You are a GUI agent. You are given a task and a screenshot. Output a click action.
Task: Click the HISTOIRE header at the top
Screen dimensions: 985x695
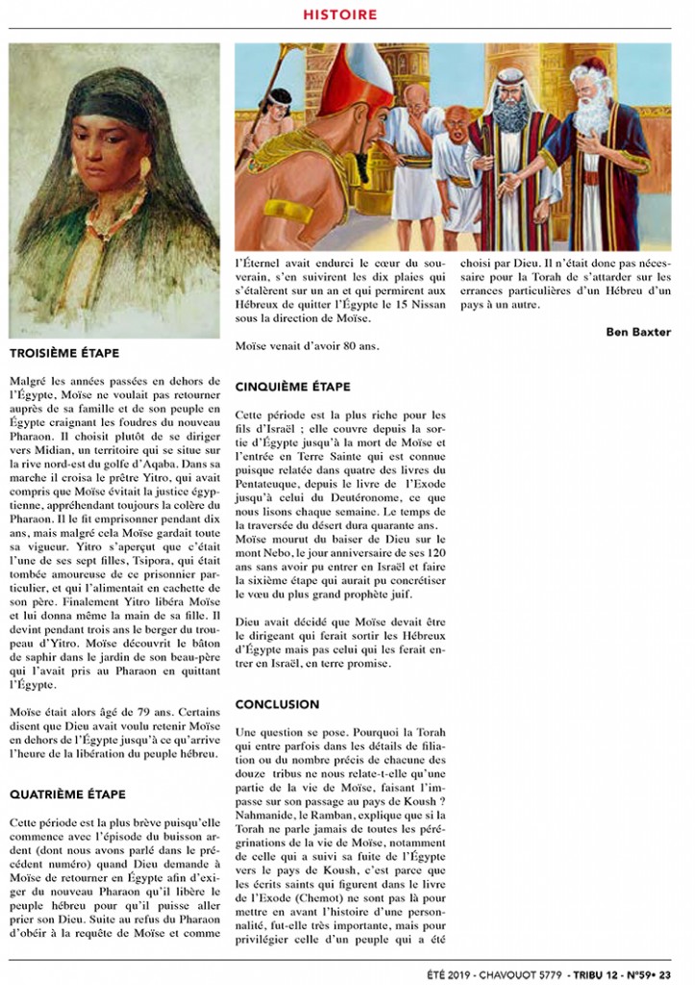coord(339,14)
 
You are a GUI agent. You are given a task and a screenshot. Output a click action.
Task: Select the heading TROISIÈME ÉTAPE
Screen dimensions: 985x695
coord(63,353)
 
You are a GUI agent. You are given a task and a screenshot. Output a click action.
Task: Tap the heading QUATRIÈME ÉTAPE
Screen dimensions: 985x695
coord(66,794)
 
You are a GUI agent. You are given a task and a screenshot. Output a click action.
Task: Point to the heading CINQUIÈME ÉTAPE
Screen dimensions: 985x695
coord(292,387)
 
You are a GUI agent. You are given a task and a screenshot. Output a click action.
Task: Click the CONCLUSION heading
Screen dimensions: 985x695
coord(277,704)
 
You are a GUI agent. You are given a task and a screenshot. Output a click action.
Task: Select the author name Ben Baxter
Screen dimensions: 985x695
coord(638,332)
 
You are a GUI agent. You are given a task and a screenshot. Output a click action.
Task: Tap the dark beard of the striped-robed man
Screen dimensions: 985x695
coord(511,115)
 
